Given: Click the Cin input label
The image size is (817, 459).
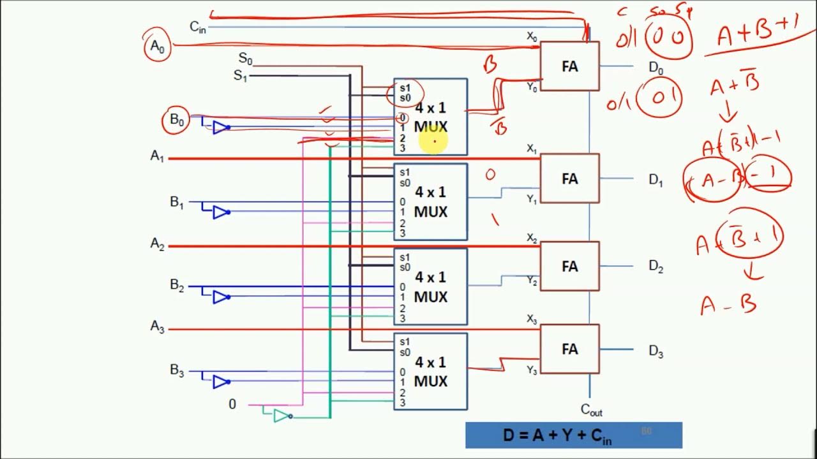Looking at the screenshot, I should pos(197,27).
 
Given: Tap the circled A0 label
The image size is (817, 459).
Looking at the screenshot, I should pos(156,46).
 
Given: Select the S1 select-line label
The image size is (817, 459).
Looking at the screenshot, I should pos(240,76).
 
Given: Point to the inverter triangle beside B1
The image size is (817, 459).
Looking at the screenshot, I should pos(220,212).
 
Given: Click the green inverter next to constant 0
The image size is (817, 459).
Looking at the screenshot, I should pos(281,416).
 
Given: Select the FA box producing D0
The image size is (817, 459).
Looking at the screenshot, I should pos(569,66).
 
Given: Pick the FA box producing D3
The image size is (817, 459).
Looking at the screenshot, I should pos(569,349).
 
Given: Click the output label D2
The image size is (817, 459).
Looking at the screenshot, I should pos(656,266).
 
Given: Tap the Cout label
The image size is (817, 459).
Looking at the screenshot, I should pos(591,410).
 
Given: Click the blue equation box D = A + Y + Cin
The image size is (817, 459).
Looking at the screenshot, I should pos(573,435).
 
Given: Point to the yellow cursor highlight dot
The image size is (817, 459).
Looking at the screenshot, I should pos(433,141).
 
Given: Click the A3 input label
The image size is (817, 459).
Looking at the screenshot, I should pos(157,327).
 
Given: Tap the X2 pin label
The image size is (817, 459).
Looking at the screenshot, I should pos(531,238).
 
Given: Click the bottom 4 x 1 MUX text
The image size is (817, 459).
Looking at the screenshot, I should pos(431,372).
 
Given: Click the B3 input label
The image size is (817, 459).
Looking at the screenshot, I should pos(177,370).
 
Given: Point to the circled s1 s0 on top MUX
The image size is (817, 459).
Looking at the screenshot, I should pos(405,93).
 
